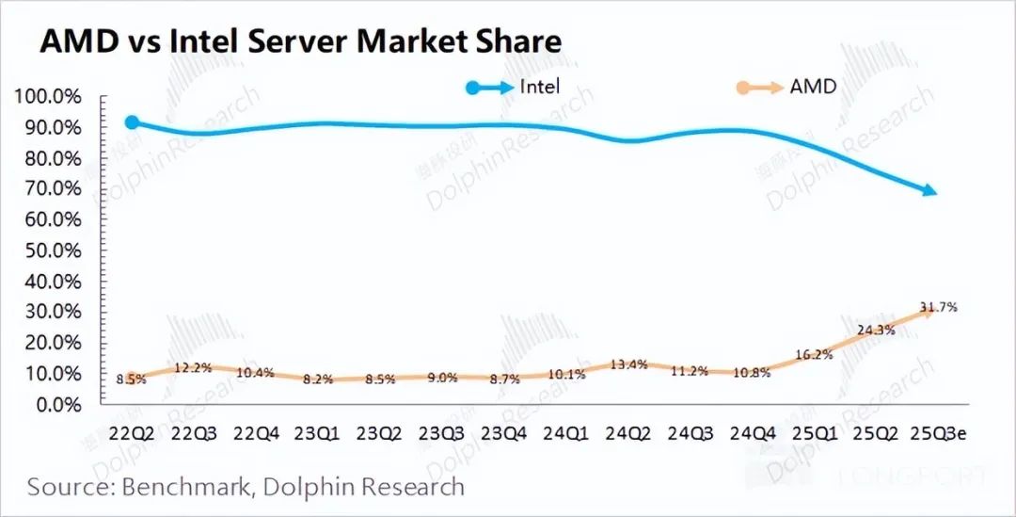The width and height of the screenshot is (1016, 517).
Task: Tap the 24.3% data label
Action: click(x=877, y=331)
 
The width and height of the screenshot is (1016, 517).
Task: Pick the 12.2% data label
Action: click(x=193, y=367)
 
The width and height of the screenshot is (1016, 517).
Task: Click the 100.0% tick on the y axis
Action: click(x=48, y=97)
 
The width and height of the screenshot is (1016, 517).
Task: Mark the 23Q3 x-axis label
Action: click(x=441, y=434)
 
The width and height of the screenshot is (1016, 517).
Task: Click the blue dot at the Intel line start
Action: click(x=133, y=122)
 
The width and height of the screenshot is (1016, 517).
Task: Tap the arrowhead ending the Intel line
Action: click(x=929, y=191)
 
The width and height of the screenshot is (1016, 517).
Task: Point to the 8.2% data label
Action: click(x=317, y=379)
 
